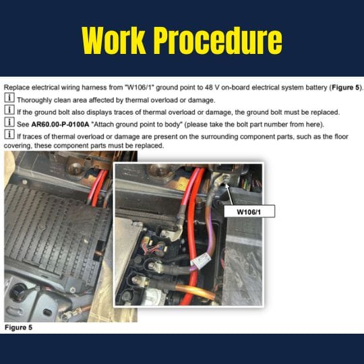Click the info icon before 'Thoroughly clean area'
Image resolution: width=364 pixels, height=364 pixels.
(9, 100)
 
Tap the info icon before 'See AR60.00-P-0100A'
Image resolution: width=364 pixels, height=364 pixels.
(9, 124)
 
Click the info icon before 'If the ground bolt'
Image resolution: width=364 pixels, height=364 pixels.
(9, 112)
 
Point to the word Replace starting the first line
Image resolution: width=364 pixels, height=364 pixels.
(18, 88)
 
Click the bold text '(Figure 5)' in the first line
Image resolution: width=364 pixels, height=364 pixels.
(342, 88)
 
